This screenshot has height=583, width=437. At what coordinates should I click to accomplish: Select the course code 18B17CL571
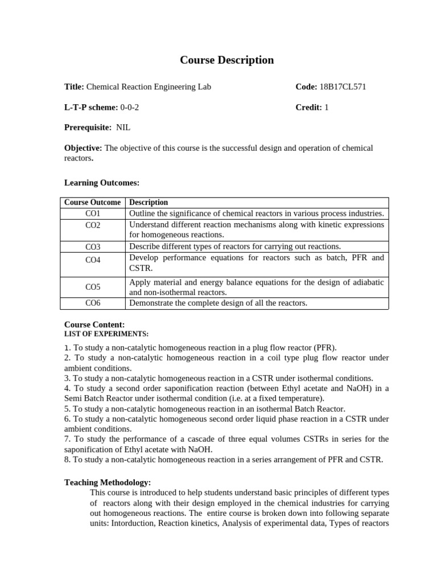coord(343,87)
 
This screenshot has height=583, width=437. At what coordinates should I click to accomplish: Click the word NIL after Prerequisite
coord(123,128)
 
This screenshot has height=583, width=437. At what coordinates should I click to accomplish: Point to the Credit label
coord(308,107)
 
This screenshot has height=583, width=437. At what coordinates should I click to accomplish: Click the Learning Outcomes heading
coord(102,182)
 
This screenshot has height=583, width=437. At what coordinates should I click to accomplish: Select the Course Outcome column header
coord(92,202)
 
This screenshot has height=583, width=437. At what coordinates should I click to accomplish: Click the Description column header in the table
coord(149,202)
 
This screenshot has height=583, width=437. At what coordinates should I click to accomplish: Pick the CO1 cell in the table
coord(93,214)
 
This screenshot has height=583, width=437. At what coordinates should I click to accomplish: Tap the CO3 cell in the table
coord(93,247)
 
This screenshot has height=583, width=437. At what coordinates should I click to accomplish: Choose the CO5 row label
coord(93,287)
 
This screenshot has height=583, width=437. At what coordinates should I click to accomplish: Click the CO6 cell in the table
coord(93,303)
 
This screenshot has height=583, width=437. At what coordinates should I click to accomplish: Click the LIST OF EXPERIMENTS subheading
coord(106,334)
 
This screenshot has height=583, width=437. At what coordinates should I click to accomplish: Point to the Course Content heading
coord(94,325)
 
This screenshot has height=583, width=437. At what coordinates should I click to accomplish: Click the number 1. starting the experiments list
coord(68,347)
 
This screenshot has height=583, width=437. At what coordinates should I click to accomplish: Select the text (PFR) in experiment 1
coord(324,347)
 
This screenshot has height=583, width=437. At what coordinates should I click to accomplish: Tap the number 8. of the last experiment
coord(68,459)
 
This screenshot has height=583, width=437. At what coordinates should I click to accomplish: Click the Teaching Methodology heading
coord(108,482)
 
